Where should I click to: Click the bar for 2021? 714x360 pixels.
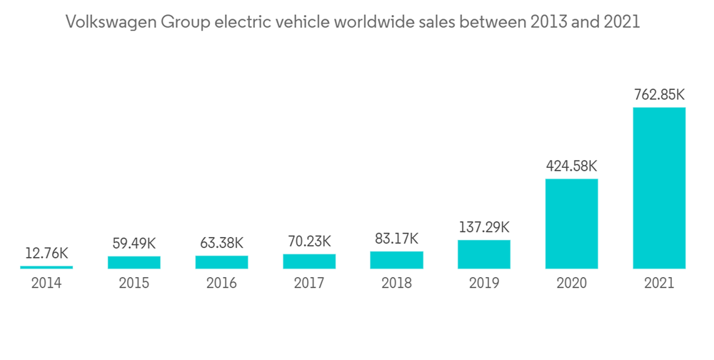point(659,188)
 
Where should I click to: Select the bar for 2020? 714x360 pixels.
point(571,224)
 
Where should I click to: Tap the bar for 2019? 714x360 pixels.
point(484,254)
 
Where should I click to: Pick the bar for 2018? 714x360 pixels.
point(396,260)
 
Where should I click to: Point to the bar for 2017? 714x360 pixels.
point(309,261)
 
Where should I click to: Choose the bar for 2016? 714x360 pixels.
point(221,262)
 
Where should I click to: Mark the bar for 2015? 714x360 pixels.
point(134,262)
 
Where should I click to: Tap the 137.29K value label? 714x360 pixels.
point(484,228)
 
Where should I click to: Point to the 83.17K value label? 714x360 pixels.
point(396,239)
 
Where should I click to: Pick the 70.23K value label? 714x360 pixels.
point(309,242)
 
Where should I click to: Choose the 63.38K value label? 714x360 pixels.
point(221,243)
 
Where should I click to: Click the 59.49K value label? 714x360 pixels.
point(134,244)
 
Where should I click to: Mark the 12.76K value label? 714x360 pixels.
point(46,253)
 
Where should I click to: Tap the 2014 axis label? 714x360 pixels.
point(46,284)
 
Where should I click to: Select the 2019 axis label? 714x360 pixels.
point(484,284)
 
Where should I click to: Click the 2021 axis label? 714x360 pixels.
point(659,284)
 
